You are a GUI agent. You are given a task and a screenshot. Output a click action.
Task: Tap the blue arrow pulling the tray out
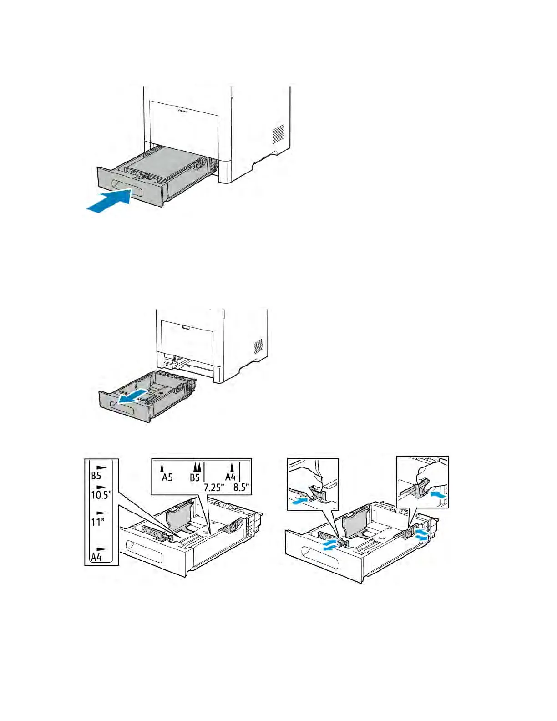pos(132,396)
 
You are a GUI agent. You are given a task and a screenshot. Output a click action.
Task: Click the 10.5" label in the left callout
pos(101,494)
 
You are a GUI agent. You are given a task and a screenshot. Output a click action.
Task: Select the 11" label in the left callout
pos(98,521)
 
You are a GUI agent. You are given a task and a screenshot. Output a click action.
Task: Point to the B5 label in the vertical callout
pos(96,476)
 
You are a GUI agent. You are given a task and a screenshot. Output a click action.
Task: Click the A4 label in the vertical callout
pos(96,556)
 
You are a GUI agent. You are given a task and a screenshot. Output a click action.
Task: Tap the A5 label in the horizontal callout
pos(167,477)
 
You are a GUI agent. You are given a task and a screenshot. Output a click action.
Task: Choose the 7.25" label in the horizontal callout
pos(213,487)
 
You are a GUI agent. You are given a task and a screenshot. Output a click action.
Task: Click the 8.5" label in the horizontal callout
pos(241,487)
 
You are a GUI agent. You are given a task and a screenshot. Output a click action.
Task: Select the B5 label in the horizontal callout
pos(195,477)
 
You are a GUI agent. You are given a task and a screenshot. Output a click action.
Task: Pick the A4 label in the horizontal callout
pos(230,477)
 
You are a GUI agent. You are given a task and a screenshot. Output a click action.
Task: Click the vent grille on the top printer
pos(278,133)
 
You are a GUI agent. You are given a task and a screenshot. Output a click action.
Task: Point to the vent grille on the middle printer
pos(258,345)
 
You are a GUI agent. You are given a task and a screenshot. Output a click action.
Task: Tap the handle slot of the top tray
pos(127,188)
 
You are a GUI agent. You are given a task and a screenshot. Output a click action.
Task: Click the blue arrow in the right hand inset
pos(438,493)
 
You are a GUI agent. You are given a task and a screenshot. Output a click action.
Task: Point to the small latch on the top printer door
pos(182,110)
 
